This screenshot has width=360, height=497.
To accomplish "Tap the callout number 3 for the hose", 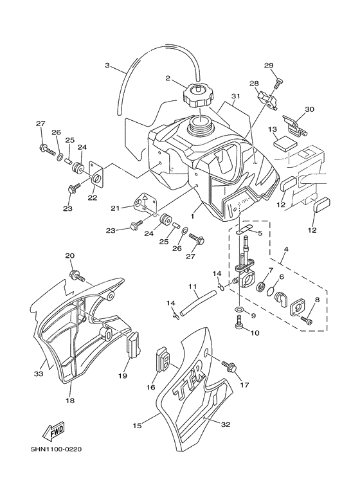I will pyautogui.click(x=107, y=65).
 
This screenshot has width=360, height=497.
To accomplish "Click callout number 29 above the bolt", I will pyautogui.click(x=269, y=66).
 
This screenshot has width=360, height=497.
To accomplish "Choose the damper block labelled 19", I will pyautogui.click(x=133, y=345).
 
